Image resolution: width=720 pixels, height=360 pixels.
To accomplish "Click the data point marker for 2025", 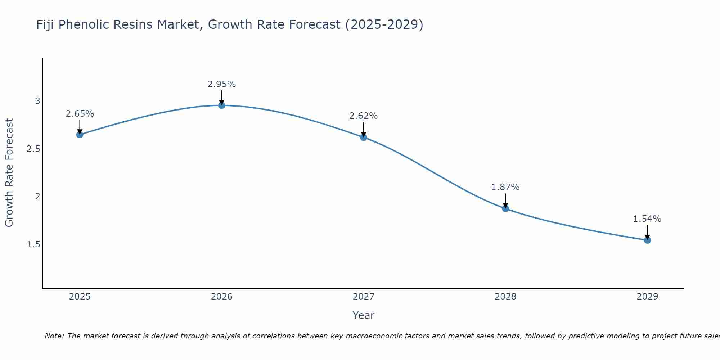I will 80,135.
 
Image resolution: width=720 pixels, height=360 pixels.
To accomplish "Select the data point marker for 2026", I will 222,105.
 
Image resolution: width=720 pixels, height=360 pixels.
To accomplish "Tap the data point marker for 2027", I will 364,137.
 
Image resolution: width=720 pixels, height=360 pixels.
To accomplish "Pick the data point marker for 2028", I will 505,208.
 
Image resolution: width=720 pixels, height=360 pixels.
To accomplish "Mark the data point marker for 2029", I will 647,240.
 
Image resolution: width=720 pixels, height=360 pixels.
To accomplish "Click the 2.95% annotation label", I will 222,84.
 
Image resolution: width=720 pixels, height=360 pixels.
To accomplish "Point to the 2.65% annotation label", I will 80,114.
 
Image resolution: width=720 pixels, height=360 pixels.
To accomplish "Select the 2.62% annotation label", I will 364,116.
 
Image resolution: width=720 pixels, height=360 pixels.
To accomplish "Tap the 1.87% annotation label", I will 505,187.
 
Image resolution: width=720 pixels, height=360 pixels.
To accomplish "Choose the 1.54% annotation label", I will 647,219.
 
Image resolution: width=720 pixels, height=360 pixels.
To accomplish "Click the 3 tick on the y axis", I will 37,101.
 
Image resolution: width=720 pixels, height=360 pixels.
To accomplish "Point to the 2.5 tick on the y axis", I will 33,149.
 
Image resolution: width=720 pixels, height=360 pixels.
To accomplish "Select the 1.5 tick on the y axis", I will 33,244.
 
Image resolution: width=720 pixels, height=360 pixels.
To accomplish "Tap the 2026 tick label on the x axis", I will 222,297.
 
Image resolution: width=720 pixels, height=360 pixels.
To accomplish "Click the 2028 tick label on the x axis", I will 505,297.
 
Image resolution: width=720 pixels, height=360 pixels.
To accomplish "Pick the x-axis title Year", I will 364,315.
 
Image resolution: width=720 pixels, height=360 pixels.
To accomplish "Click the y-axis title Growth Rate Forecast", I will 9,173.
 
